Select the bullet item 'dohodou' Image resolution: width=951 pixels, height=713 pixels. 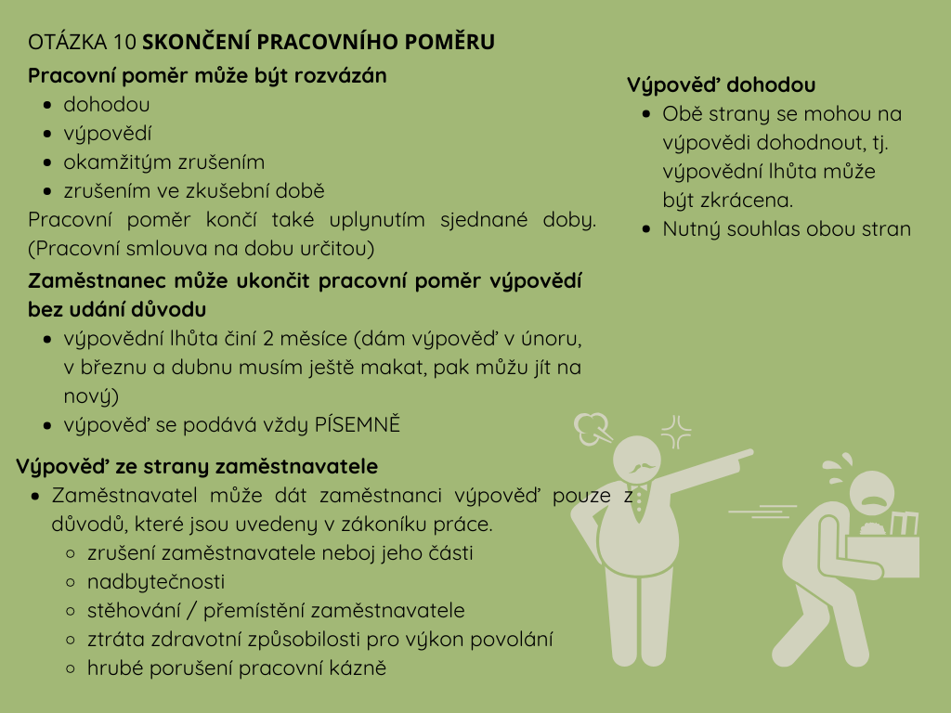(106, 105)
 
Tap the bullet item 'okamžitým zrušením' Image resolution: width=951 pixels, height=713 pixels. (163, 162)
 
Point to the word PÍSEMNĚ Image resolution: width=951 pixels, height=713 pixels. (356, 425)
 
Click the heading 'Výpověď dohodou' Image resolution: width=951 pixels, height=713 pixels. (722, 85)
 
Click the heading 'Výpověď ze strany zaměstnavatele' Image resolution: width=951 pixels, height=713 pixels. (197, 467)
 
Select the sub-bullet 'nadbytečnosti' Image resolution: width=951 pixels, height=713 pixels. (156, 582)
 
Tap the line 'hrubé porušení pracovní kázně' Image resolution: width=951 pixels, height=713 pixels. (237, 668)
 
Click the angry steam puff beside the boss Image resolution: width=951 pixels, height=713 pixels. (590, 428)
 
